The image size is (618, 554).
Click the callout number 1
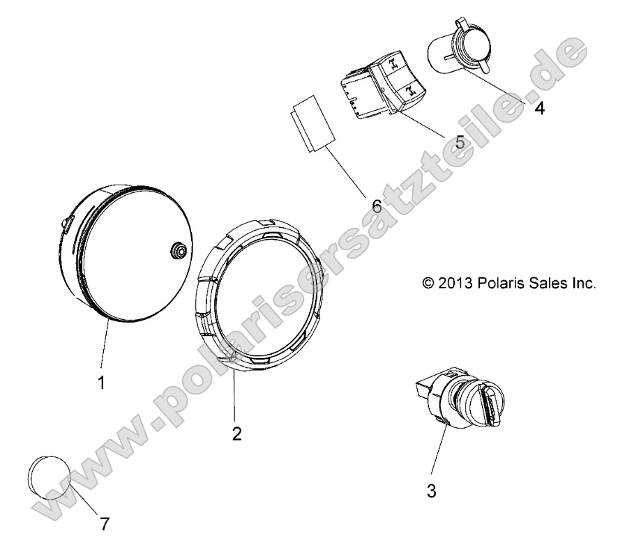[x=101, y=383]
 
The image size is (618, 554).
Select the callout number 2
[x=236, y=434]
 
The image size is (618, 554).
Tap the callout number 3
[x=432, y=491]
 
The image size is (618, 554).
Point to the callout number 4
[x=540, y=108]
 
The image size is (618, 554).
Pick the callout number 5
[x=460, y=142]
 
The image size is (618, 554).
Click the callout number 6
[x=377, y=206]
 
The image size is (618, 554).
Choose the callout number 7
[x=104, y=524]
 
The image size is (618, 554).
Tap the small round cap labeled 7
[x=50, y=477]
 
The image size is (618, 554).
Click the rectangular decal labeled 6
[x=312, y=123]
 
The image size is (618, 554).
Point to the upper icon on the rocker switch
[x=394, y=64]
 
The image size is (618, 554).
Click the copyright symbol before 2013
[x=428, y=283]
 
